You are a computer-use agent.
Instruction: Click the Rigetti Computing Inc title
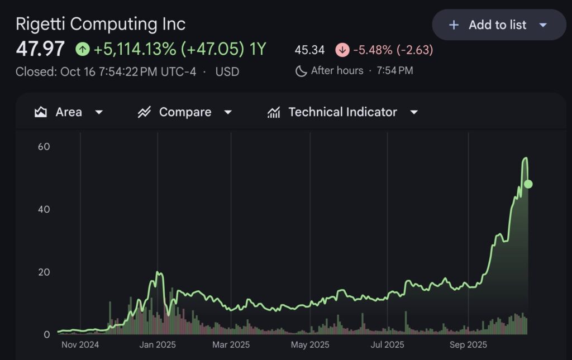pos(101,24)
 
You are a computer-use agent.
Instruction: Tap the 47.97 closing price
pos(40,49)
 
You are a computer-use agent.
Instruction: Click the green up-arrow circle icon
pos(83,50)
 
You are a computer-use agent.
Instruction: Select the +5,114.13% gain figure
pos(135,49)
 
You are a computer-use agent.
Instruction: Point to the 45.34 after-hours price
pos(309,50)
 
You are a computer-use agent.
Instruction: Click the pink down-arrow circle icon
pos(342,50)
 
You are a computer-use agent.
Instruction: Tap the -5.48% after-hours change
pos(373,50)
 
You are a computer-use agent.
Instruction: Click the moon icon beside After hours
pos(301,71)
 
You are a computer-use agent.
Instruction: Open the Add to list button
pos(499,25)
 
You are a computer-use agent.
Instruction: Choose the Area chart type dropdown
pos(69,112)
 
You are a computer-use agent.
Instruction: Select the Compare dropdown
pos(185,112)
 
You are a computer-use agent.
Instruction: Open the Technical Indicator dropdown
pos(343,112)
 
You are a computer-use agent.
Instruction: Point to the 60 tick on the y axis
pos(44,147)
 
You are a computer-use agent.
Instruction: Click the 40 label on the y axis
pos(44,209)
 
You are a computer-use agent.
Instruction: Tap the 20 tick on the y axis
pos(44,272)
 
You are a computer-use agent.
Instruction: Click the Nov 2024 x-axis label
pos(80,344)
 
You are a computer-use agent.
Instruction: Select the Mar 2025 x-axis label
pos(231,344)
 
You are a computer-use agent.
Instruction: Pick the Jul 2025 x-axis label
pos(387,344)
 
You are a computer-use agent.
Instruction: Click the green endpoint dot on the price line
pos(528,184)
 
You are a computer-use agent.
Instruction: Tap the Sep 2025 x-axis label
pos(468,344)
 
